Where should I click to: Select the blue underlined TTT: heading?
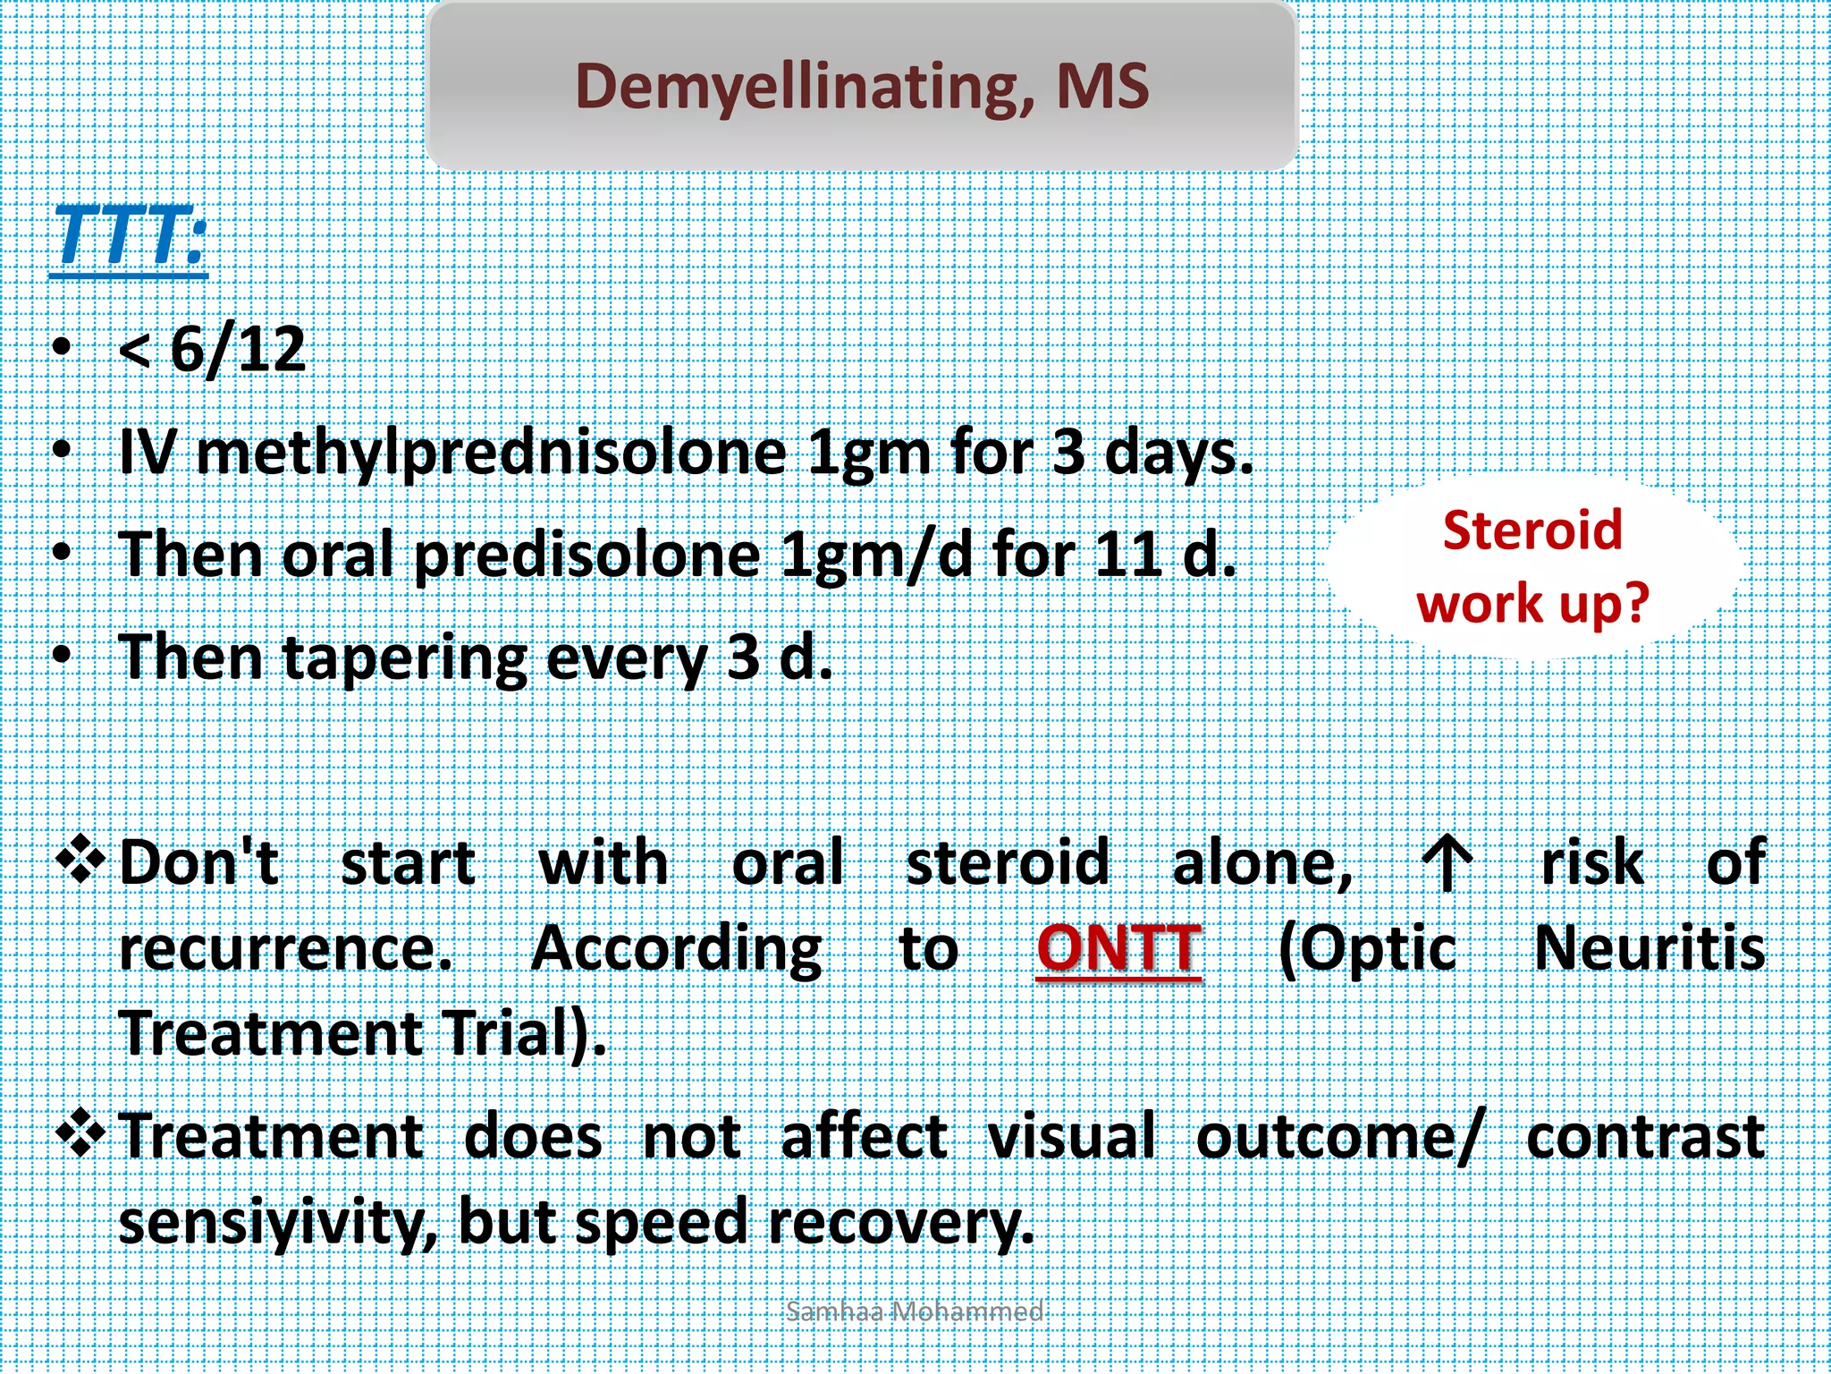[130, 237]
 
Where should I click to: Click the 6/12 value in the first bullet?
[238, 350]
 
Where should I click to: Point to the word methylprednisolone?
[491, 454]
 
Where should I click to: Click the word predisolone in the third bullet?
[587, 556]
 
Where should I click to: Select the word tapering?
[406, 658]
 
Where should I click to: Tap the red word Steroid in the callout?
[1532, 530]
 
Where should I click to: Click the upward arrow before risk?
[1447, 864]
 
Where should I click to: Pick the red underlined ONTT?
[1118, 948]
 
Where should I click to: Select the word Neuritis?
[1650, 948]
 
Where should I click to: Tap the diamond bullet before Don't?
[81, 859]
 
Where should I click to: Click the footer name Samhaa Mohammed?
[914, 1311]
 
